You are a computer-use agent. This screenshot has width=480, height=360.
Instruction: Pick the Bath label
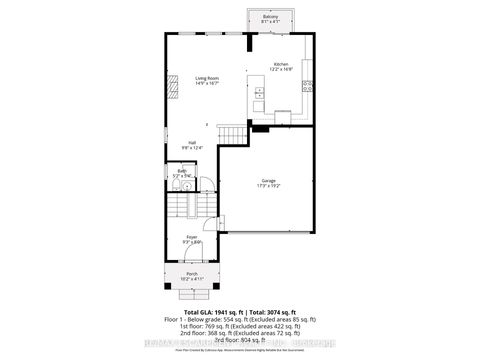pos(183,171)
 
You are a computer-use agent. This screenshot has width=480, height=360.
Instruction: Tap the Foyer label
pos(192,237)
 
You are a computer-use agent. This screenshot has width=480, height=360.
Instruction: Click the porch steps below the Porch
pos(190,295)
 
